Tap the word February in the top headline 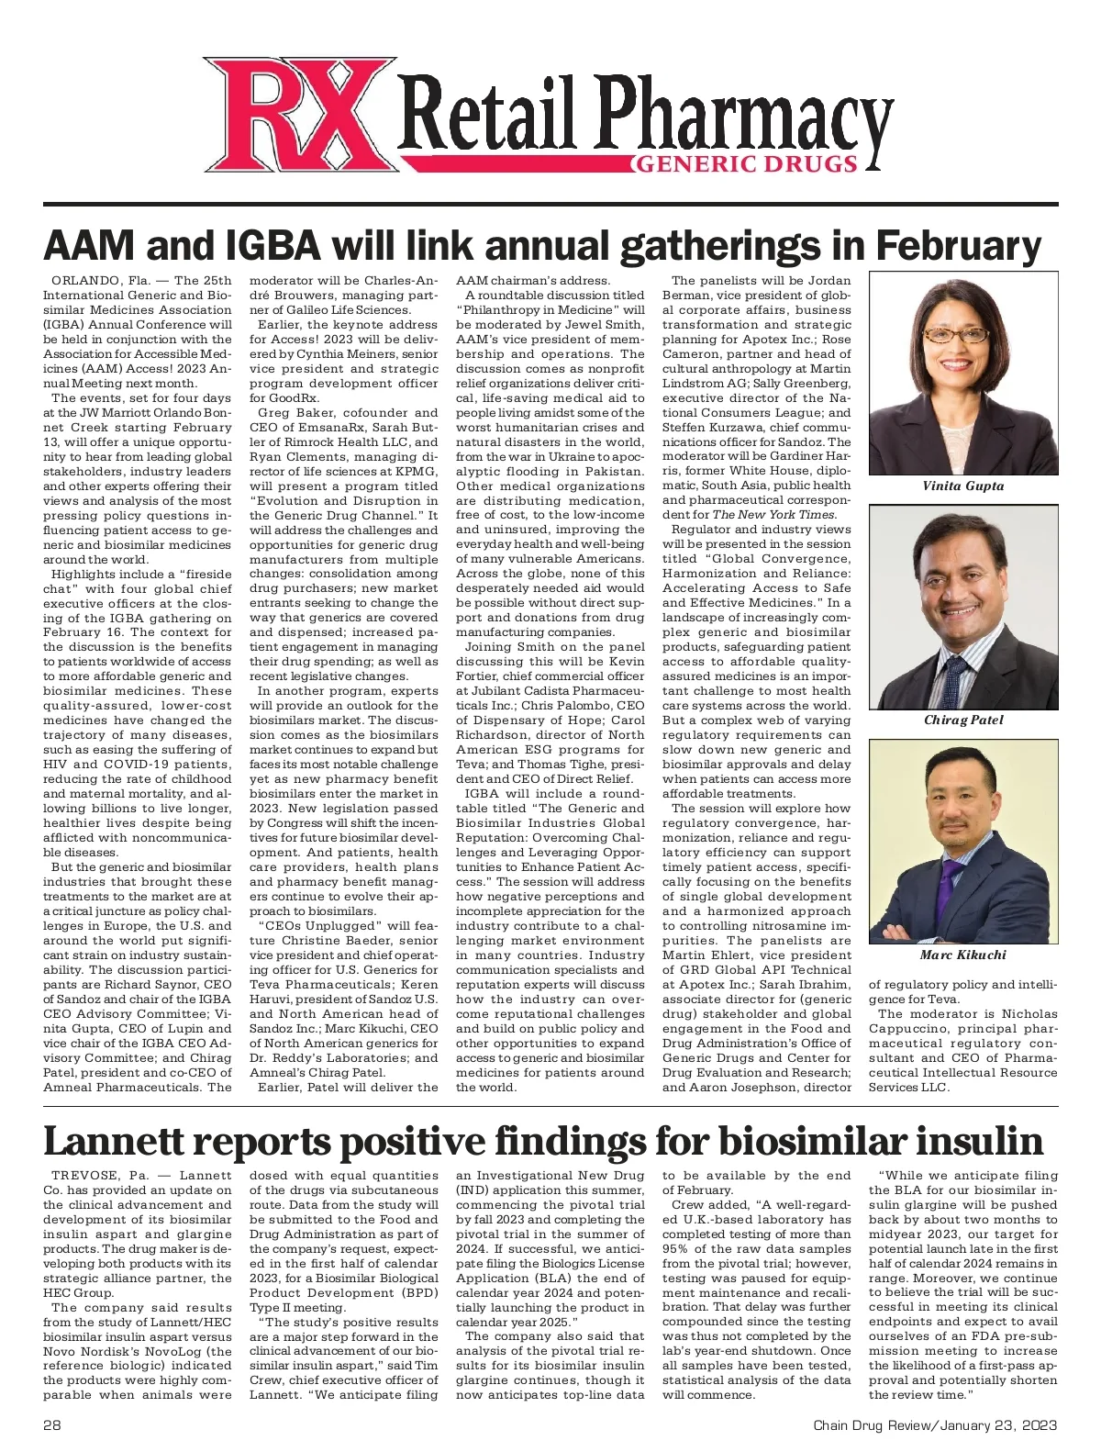958,246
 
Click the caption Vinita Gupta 962,486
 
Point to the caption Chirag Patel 962,720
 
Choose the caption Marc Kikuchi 962,955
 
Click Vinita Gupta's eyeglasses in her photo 957,336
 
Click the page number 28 52,1425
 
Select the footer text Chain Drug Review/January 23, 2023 935,1425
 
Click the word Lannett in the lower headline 116,1142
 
